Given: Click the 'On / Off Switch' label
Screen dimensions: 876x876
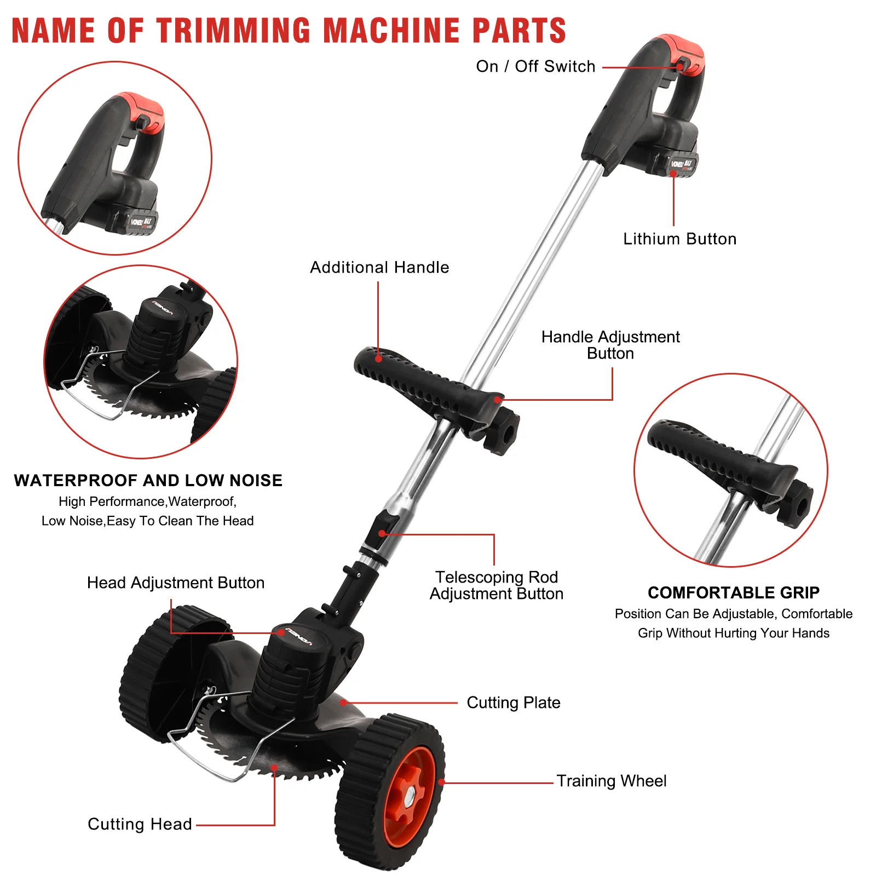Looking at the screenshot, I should (535, 67).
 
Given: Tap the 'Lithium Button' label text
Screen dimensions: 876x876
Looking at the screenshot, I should (679, 239).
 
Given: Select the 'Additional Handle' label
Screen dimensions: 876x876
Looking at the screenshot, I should (379, 268).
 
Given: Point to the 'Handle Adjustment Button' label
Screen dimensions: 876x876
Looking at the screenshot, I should (610, 345).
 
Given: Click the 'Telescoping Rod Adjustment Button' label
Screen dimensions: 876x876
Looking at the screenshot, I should (496, 585).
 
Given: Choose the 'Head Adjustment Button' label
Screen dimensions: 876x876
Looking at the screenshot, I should (176, 583).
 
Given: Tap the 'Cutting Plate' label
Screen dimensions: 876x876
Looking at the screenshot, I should (513, 702).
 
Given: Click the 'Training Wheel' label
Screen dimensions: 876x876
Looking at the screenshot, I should (612, 781).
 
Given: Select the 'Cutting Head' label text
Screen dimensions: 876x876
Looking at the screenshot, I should (140, 824).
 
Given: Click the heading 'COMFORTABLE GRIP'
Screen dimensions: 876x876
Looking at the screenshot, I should (733, 592).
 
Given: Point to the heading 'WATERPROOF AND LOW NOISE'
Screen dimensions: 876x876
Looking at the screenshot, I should (148, 480).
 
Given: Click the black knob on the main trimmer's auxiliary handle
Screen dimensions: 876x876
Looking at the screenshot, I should (503, 433).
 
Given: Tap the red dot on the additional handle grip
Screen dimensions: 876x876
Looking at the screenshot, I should (378, 359).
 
